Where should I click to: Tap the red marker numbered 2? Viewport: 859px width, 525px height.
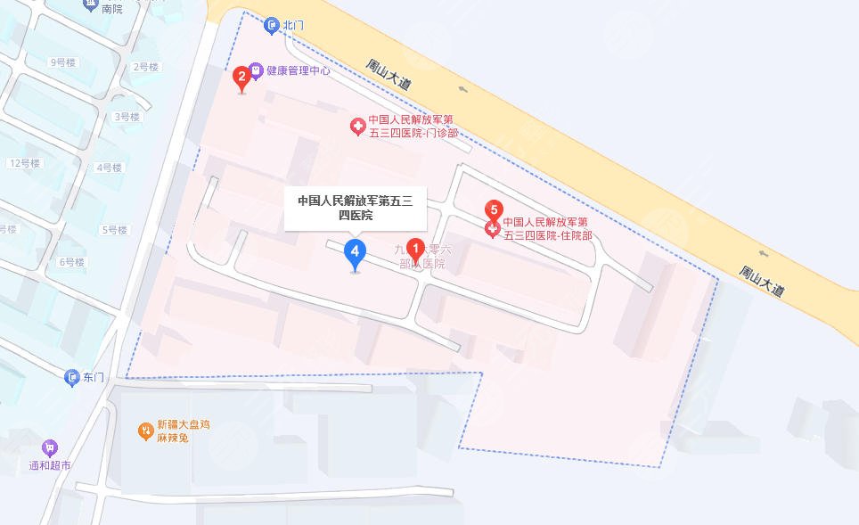241,78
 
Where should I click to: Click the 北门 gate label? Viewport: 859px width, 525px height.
293,25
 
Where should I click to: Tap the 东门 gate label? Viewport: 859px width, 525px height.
94,378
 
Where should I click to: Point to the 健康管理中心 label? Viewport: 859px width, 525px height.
298,70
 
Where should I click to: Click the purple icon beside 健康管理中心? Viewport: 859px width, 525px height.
256,70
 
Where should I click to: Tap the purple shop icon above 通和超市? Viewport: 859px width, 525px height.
50,447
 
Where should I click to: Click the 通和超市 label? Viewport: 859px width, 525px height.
50,466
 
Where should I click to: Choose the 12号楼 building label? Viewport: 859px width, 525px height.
24,163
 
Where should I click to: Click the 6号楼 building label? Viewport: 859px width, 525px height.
71,262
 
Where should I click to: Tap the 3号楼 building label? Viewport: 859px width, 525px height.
127,117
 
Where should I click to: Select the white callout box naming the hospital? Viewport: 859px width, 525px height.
355,207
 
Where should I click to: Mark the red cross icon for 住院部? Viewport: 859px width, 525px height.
493,229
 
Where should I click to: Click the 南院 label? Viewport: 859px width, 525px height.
111,9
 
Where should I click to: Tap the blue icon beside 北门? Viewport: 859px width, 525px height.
272,25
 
